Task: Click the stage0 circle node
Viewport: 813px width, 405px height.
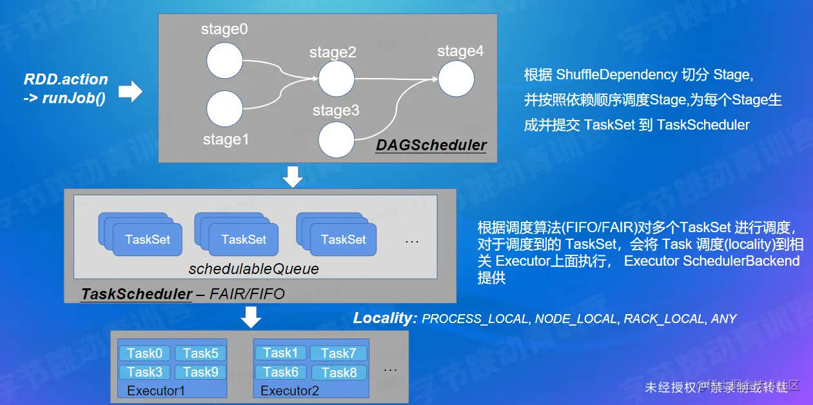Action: point(224,61)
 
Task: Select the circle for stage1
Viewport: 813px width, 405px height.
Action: point(224,108)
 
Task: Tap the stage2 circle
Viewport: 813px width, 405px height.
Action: point(337,79)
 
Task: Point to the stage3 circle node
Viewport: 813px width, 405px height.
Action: point(337,139)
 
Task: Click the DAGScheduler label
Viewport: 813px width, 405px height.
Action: point(431,145)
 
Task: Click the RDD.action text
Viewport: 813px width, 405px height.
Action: point(66,80)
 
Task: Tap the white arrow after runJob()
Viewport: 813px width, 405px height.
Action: point(131,92)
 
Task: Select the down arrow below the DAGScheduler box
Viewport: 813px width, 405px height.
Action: point(293,176)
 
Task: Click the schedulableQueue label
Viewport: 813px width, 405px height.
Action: point(253,269)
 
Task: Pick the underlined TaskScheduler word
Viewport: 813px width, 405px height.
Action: point(137,294)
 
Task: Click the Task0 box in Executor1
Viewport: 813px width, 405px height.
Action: point(144,353)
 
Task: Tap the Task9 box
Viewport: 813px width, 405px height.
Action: point(201,372)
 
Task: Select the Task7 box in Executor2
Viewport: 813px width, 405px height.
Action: point(338,353)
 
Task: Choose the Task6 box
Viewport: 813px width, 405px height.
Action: point(281,372)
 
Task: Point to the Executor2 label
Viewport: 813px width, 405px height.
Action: point(289,391)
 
